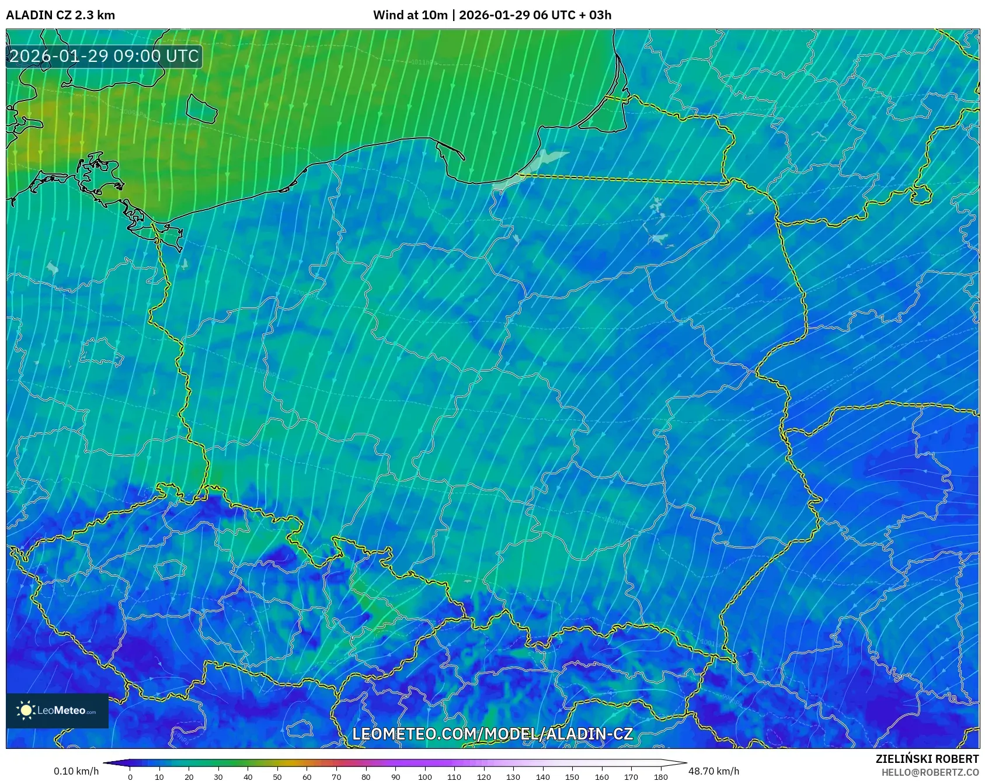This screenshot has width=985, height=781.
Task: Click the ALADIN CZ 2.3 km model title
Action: [x=60, y=15]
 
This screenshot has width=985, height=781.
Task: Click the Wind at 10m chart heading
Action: [x=492, y=15]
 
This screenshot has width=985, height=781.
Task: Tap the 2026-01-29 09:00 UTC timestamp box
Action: [x=104, y=56]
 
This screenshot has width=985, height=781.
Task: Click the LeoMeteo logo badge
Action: [x=57, y=710]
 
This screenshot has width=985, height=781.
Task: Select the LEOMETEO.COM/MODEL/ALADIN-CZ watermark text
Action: [x=492, y=734]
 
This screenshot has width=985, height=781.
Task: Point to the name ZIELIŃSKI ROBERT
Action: [x=927, y=759]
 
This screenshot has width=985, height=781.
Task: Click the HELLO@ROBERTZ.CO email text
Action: [x=930, y=772]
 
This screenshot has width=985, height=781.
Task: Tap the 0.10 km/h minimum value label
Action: [x=76, y=771]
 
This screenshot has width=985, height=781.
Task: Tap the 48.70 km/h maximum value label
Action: [x=713, y=771]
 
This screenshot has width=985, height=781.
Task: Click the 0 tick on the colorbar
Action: [x=130, y=777]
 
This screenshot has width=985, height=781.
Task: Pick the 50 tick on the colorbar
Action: [x=277, y=777]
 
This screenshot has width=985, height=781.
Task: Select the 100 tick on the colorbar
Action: [x=424, y=777]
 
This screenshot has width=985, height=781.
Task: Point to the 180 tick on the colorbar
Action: [x=660, y=777]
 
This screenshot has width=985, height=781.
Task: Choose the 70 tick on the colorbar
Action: [x=336, y=777]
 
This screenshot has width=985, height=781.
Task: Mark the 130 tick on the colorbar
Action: [x=513, y=777]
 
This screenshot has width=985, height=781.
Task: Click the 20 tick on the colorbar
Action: [x=189, y=777]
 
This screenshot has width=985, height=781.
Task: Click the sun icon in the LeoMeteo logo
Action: [x=26, y=710]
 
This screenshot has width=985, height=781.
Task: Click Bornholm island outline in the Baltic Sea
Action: [x=201, y=109]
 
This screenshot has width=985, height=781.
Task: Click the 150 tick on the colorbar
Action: [x=572, y=777]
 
